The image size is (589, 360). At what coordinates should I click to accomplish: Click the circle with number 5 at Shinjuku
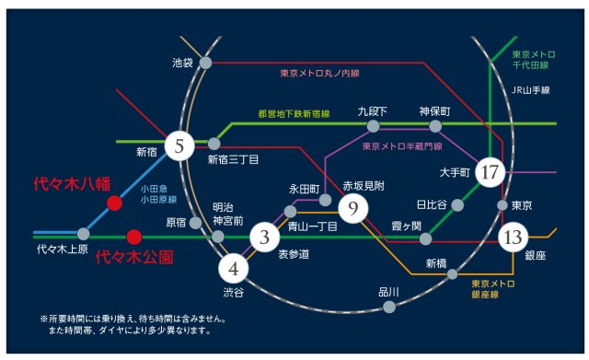pos(179,144)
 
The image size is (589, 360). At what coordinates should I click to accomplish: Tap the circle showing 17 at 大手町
pos(490,171)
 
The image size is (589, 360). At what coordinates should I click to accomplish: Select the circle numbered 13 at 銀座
pos(512,238)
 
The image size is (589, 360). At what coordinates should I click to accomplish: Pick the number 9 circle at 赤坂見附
pos(352,209)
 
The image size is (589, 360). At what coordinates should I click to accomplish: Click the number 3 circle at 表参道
pos(265,238)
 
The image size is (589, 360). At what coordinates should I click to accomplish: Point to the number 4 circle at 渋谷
pos(233,269)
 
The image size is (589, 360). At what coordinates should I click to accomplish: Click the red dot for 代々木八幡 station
pos(114,203)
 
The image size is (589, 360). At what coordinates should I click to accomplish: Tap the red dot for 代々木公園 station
pos(134,235)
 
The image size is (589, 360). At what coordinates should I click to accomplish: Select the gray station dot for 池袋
pos(206,63)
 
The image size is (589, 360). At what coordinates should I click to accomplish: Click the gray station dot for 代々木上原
pos(84,234)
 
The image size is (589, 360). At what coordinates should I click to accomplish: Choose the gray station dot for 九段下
pos(373,126)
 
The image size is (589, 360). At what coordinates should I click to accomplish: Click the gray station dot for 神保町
pos(435,126)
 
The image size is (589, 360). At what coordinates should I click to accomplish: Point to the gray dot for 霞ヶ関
pos(425,239)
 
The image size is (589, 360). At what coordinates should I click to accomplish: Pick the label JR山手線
pos(530,90)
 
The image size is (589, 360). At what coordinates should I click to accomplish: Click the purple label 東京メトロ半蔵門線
pos(402,146)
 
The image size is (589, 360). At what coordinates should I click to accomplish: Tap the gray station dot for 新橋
pos(452,274)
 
